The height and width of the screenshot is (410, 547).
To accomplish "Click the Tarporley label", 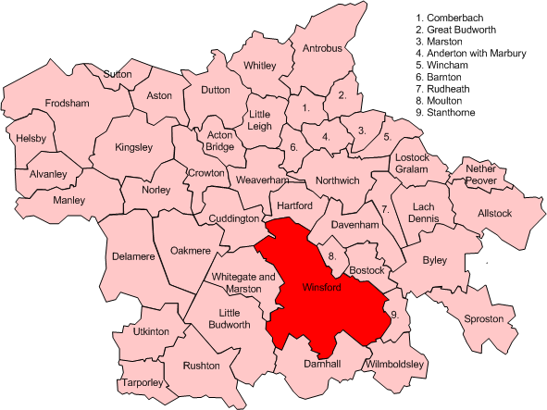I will [x=140, y=382].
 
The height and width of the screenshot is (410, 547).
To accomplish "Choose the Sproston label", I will [x=481, y=318].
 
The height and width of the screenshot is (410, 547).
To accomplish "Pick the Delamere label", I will [x=131, y=256].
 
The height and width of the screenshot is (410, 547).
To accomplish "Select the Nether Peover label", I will [x=482, y=176].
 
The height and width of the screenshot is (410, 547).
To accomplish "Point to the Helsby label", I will [x=31, y=138].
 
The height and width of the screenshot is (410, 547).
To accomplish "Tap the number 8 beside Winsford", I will [x=332, y=255].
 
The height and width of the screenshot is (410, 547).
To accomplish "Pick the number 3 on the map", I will [x=361, y=130].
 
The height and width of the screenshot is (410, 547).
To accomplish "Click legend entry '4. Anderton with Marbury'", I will [x=470, y=54].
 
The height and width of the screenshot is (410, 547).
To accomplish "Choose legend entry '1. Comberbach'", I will [x=454, y=18].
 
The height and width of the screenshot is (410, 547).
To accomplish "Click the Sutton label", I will [x=118, y=73].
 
